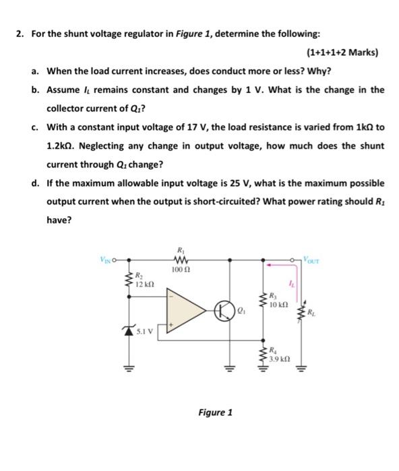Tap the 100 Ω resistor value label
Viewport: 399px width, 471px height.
(x=179, y=269)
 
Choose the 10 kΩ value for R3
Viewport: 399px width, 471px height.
(x=279, y=305)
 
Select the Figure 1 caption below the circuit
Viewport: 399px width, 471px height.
(x=215, y=412)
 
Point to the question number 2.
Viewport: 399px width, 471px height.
(x=18, y=34)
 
